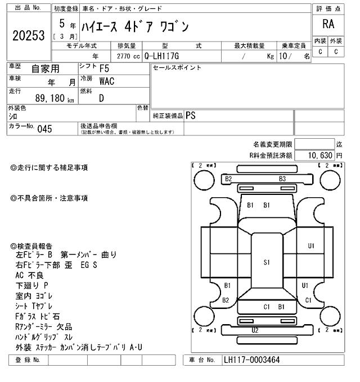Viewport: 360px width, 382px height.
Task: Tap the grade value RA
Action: (x=328, y=24)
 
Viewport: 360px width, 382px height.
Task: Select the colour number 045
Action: (x=44, y=129)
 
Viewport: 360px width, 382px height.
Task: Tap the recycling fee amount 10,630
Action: (x=319, y=155)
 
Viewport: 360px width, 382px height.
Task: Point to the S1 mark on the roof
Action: (x=267, y=262)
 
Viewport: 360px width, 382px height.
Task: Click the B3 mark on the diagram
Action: (x=282, y=179)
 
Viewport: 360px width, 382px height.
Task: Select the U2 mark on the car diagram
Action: (x=255, y=330)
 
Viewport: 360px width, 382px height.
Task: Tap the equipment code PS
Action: (x=191, y=115)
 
